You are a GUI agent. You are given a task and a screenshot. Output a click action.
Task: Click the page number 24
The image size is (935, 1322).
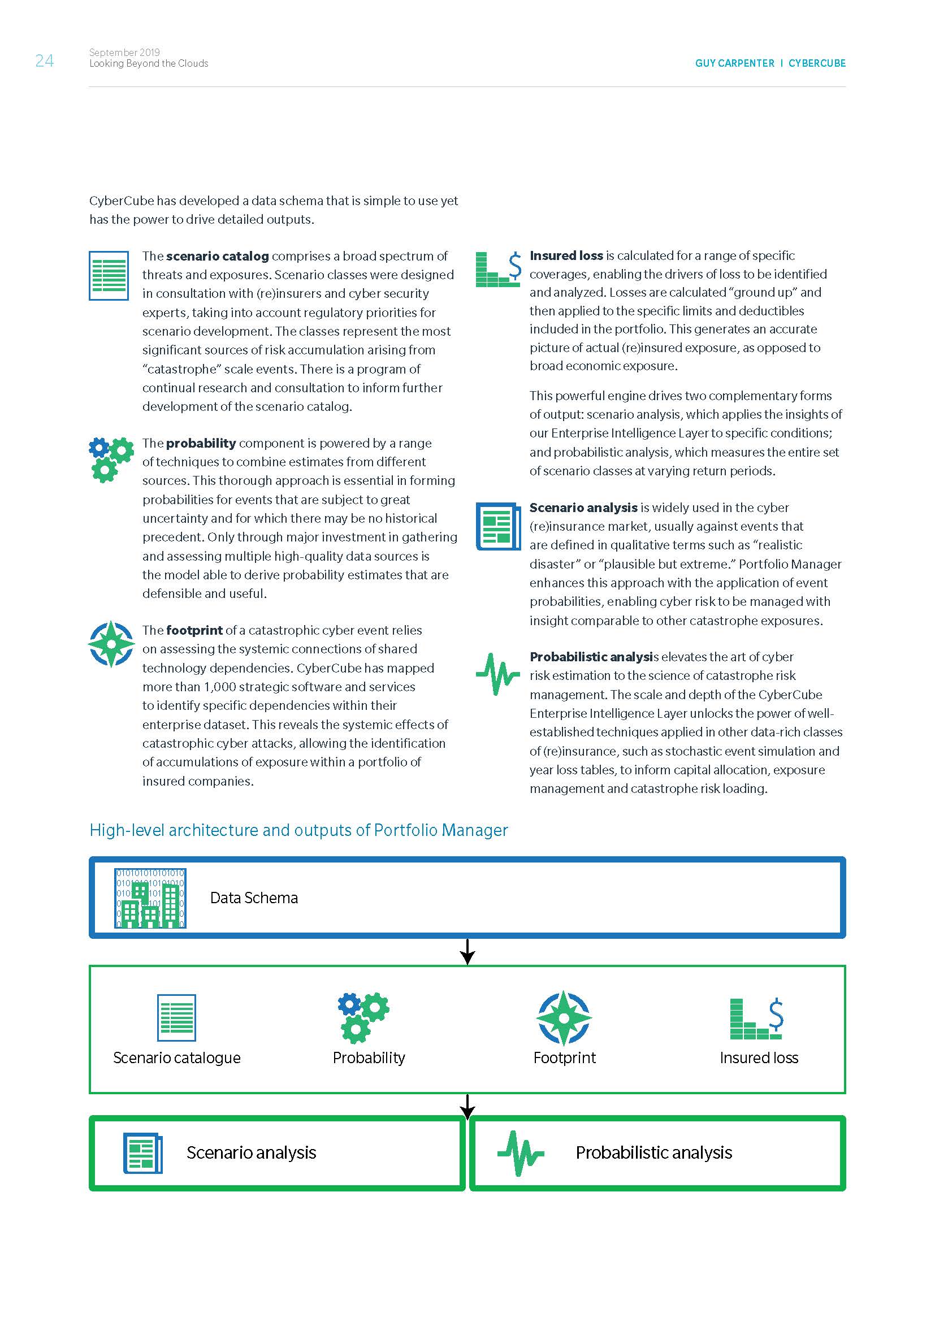[x=44, y=60]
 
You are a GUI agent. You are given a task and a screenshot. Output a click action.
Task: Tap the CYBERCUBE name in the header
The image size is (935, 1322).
[x=816, y=63]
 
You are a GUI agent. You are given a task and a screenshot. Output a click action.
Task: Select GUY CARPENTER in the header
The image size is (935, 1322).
[x=734, y=63]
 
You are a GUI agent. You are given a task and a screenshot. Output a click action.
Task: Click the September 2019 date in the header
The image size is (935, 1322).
[x=124, y=53]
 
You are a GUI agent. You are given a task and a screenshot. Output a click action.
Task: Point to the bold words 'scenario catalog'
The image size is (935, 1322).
[x=217, y=256]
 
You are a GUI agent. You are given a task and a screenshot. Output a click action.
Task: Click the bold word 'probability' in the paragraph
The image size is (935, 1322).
[x=201, y=443]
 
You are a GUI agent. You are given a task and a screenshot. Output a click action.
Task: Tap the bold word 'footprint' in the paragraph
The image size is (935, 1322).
[x=194, y=631]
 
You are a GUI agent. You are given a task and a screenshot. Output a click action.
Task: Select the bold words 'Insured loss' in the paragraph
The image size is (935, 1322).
[x=566, y=255]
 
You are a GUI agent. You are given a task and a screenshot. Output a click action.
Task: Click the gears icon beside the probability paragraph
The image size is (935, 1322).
[x=111, y=459]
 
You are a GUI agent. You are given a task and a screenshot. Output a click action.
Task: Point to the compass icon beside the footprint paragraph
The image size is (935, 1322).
[x=111, y=644]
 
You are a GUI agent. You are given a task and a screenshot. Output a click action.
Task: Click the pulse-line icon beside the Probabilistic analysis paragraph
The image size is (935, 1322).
[x=497, y=674]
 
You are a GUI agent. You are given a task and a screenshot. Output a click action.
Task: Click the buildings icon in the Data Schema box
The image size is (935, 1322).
[x=150, y=898]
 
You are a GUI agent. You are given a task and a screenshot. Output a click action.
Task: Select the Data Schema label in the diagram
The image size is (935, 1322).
[x=254, y=898]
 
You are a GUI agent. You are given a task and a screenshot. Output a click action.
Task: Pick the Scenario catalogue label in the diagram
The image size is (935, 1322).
[x=177, y=1057]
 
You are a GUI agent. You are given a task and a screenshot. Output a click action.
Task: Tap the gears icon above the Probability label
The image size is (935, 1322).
[x=363, y=1018]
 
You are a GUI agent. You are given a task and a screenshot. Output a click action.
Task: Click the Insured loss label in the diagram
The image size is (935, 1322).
[x=759, y=1057]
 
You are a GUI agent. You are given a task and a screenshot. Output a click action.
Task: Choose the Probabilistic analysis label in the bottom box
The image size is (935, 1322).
[x=653, y=1152]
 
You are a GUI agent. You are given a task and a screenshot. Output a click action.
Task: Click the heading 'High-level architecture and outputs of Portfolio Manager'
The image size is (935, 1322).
[x=298, y=830]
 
